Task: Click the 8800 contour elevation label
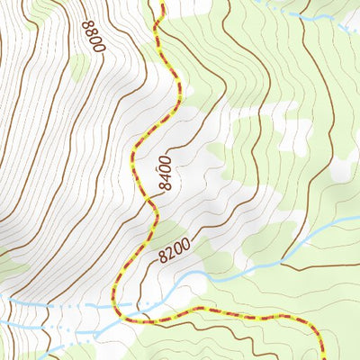point(92,37)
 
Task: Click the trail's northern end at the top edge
point(162,3)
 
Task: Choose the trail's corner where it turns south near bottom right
point(315,324)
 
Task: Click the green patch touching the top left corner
point(9,7)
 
